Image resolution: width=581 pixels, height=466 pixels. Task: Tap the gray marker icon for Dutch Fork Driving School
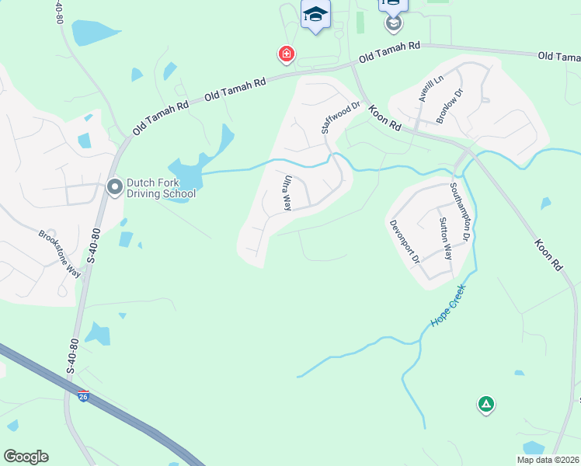pyautogui.click(x=115, y=187)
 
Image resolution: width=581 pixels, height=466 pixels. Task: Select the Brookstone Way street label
pyautogui.click(x=61, y=253)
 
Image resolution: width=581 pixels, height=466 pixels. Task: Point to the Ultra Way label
pyautogui.click(x=287, y=193)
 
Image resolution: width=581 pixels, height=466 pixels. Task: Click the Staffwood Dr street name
pyautogui.click(x=341, y=117)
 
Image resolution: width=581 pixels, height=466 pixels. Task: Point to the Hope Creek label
pyautogui.click(x=448, y=305)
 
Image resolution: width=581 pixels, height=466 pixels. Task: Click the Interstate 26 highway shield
pyautogui.click(x=84, y=397)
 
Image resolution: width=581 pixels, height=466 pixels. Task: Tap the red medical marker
pyautogui.click(x=287, y=54)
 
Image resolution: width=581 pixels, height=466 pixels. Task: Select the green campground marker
pyautogui.click(x=486, y=404)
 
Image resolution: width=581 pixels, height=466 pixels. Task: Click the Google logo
pyautogui.click(x=26, y=457)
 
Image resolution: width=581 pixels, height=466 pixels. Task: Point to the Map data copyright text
pyautogui.click(x=548, y=460)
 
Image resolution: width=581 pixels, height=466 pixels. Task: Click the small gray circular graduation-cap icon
pyautogui.click(x=394, y=23)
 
